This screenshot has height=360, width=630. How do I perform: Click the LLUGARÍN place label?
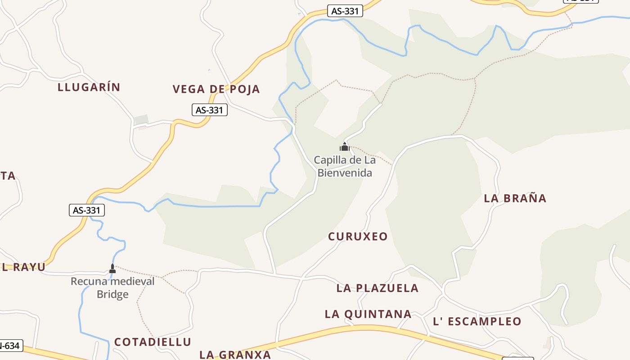(x=89, y=87)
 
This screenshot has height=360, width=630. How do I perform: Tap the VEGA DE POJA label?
(x=216, y=89)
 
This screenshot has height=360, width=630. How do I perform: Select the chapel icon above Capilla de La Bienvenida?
(x=345, y=147)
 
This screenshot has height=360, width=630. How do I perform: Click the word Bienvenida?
(x=345, y=173)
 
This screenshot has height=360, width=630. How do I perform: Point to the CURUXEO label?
(x=358, y=237)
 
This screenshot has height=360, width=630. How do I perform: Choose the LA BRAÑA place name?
(x=515, y=198)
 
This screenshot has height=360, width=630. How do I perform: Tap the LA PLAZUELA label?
(x=377, y=288)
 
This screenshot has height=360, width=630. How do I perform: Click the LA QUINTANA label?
(x=368, y=314)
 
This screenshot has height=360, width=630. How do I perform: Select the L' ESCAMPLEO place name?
(x=477, y=321)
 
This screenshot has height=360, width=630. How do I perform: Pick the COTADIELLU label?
(x=153, y=342)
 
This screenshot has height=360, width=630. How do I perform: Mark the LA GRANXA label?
(x=235, y=355)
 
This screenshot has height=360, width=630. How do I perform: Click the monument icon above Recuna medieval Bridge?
(x=112, y=269)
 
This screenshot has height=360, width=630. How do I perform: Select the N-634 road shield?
(x=10, y=346)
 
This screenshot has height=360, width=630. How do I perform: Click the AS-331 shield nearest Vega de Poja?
(x=210, y=110)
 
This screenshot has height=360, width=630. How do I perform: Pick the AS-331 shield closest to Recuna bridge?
(x=86, y=210)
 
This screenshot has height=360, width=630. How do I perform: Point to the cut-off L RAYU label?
(x=23, y=267)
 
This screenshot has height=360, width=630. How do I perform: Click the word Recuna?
(x=88, y=282)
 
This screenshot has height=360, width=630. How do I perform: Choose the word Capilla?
(x=330, y=160)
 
